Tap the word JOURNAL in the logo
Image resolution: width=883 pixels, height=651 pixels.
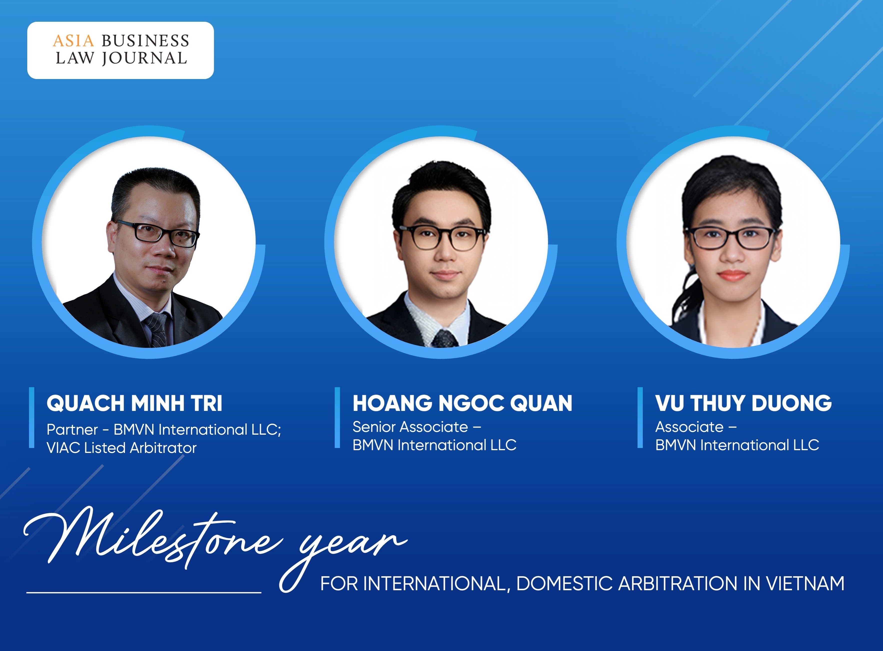pos(144,58)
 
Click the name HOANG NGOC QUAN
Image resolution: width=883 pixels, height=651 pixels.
pos(462,403)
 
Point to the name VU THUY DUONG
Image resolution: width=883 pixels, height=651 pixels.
pos(744,403)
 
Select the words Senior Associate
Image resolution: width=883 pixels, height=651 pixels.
pos(410,427)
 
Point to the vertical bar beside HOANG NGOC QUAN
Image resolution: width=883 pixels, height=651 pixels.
pos(337,418)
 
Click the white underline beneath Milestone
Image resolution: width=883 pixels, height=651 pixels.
pos(144,592)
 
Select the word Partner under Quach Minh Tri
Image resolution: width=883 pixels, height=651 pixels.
pos(72,429)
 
